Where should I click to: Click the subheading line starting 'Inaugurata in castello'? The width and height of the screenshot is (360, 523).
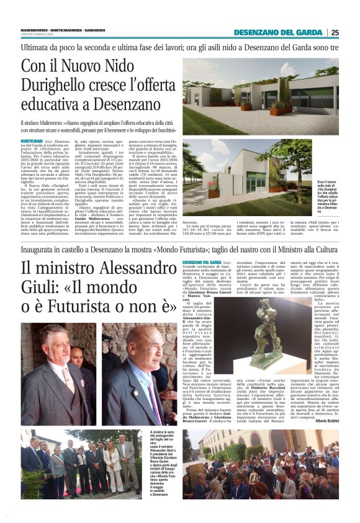point(180,248)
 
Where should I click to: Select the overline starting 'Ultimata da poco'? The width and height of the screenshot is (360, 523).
point(180,47)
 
